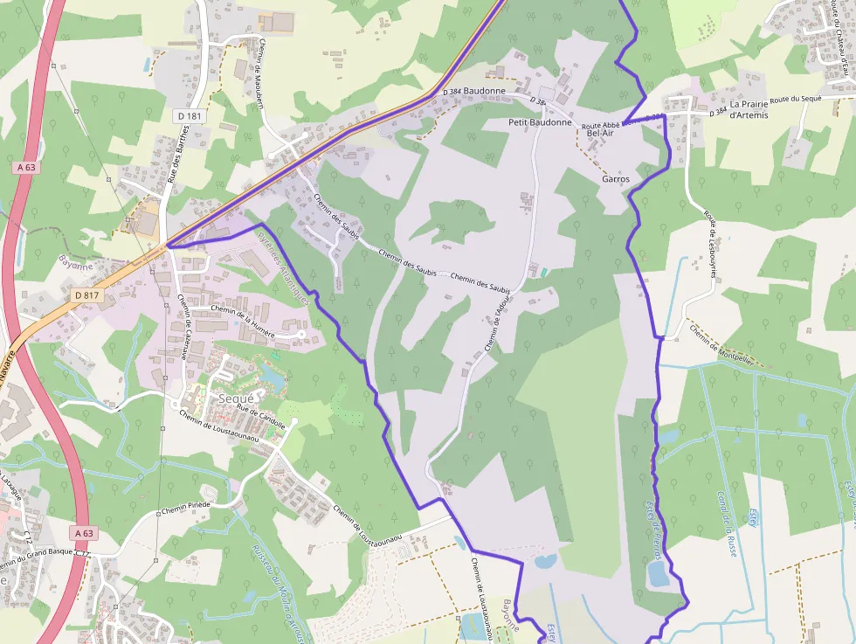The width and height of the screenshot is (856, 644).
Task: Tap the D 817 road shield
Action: click(87, 295)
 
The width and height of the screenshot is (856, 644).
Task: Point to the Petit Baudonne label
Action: click(540, 123)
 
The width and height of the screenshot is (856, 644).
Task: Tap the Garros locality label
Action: click(616, 178)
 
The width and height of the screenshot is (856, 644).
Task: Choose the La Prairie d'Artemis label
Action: click(749, 109)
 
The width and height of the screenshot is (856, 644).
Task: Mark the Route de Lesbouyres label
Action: click(713, 242)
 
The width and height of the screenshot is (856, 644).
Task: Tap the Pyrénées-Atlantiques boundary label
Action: click(283, 267)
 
